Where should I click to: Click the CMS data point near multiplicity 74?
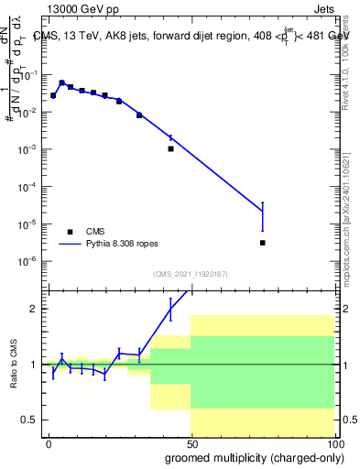[x=263, y=243]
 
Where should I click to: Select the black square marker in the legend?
[x=70, y=232]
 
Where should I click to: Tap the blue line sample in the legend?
[x=71, y=245]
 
